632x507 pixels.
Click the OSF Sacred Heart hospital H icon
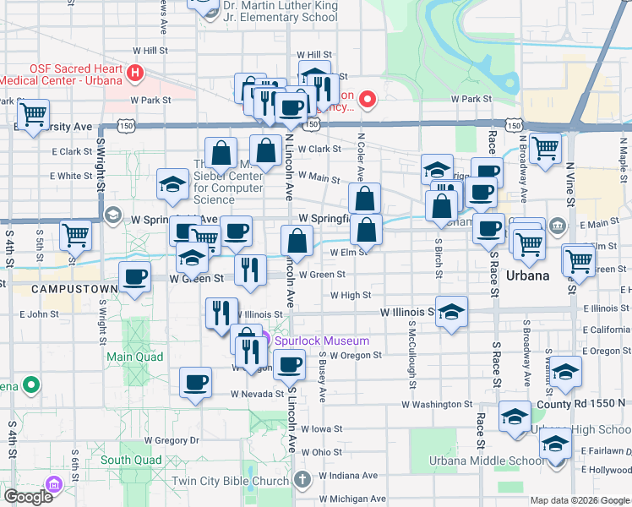tap(134, 74)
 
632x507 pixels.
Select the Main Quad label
tap(128, 357)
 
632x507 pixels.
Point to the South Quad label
tap(130, 461)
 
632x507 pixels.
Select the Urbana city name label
tap(528, 276)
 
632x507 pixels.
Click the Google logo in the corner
tap(28, 497)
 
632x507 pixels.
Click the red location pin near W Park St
tap(367, 100)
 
